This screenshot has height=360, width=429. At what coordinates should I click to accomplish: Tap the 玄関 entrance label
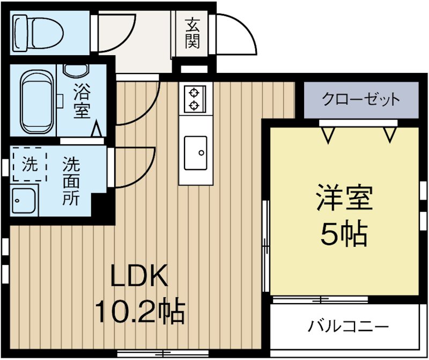click(193, 33)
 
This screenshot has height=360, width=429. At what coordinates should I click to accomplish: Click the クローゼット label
click(361, 99)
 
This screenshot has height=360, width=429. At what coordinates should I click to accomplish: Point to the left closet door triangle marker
click(328, 135)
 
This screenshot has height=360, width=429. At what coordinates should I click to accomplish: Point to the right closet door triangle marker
click(389, 135)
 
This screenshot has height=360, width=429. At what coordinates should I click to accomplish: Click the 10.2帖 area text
click(139, 311)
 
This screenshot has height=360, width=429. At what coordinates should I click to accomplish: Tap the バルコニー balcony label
click(348, 326)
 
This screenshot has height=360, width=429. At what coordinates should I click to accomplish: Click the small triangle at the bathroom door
click(97, 130)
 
